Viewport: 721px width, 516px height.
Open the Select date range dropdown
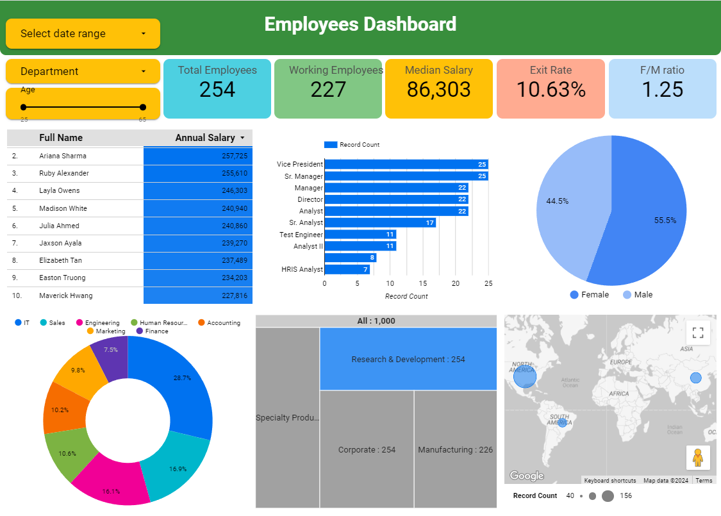coord(83,33)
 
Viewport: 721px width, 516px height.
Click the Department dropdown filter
coord(83,71)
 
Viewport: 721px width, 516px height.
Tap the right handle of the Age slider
coord(143,107)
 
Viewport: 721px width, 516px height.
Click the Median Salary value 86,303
coord(438,90)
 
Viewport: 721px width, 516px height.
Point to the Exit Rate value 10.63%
coord(551,90)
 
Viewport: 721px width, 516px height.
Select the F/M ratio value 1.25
coord(662,90)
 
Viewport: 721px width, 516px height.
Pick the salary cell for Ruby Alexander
coord(197,174)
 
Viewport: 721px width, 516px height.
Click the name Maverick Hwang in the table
coord(65,295)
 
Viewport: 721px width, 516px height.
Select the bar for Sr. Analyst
coord(379,223)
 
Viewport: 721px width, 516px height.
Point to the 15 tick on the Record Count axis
coord(423,283)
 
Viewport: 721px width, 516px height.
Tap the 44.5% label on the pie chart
coord(557,201)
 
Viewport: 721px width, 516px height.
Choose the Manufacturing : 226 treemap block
coord(455,449)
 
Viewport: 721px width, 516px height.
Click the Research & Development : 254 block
coord(408,359)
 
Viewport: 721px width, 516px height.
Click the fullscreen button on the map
coord(698,333)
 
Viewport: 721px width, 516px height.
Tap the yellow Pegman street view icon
coord(698,457)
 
